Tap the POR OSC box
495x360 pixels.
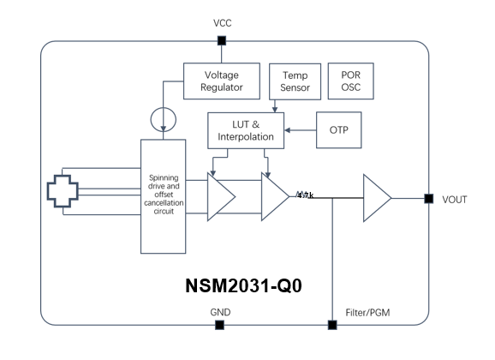tap(351, 81)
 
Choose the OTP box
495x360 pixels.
tap(340, 130)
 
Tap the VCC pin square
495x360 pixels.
tap(222, 41)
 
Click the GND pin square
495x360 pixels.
tap(220, 325)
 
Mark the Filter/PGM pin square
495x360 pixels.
tap(332, 325)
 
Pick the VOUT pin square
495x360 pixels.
tap(427, 199)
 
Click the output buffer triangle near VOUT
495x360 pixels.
tap(375, 199)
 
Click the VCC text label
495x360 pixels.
tap(222, 23)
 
